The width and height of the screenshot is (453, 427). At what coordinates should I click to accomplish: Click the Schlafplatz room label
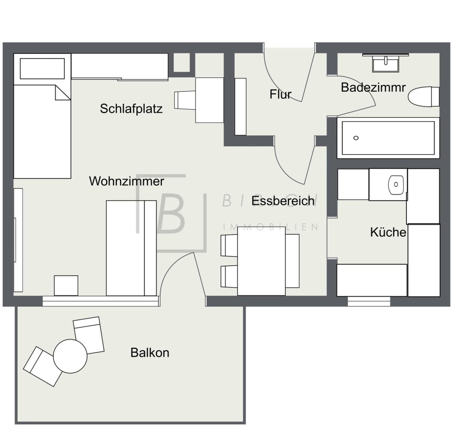tap(131, 108)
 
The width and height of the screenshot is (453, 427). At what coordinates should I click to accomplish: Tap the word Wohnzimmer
tap(126, 181)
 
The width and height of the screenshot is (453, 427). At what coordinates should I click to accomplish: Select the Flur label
tap(280, 94)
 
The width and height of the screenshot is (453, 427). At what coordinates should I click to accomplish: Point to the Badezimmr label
tap(373, 88)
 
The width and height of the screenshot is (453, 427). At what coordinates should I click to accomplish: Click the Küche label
tap(388, 232)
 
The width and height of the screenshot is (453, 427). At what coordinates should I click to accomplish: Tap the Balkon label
tap(150, 353)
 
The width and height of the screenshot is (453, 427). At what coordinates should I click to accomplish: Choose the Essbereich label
tap(283, 201)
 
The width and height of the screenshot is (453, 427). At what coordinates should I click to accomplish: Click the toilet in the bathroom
tap(423, 96)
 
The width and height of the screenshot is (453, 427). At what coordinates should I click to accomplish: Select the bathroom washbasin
tap(386, 64)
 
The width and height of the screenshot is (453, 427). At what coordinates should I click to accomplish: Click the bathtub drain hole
tap(356, 138)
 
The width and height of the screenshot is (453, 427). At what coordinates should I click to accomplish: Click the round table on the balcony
tap(70, 355)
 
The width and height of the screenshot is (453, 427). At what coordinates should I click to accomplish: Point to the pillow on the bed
tap(42, 69)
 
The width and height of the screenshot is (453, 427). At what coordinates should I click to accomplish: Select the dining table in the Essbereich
tap(261, 261)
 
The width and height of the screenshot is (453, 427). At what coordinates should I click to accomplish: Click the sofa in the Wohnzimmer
tap(131, 248)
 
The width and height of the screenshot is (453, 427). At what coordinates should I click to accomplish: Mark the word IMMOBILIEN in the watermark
tap(271, 227)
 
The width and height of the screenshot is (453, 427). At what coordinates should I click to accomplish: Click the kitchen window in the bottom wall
tap(369, 301)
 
